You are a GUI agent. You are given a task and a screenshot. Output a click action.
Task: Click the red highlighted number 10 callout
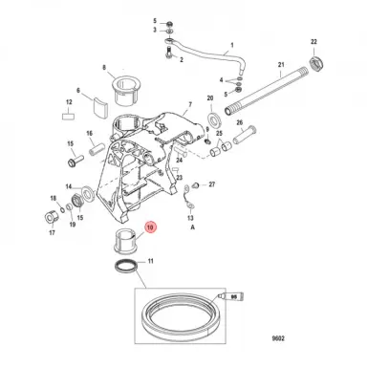tap(149, 227)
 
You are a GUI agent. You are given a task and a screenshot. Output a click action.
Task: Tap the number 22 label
tap(313, 43)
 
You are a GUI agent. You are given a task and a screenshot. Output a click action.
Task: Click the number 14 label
tap(71, 187)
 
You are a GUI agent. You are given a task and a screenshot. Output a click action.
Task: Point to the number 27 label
tap(212, 183)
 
